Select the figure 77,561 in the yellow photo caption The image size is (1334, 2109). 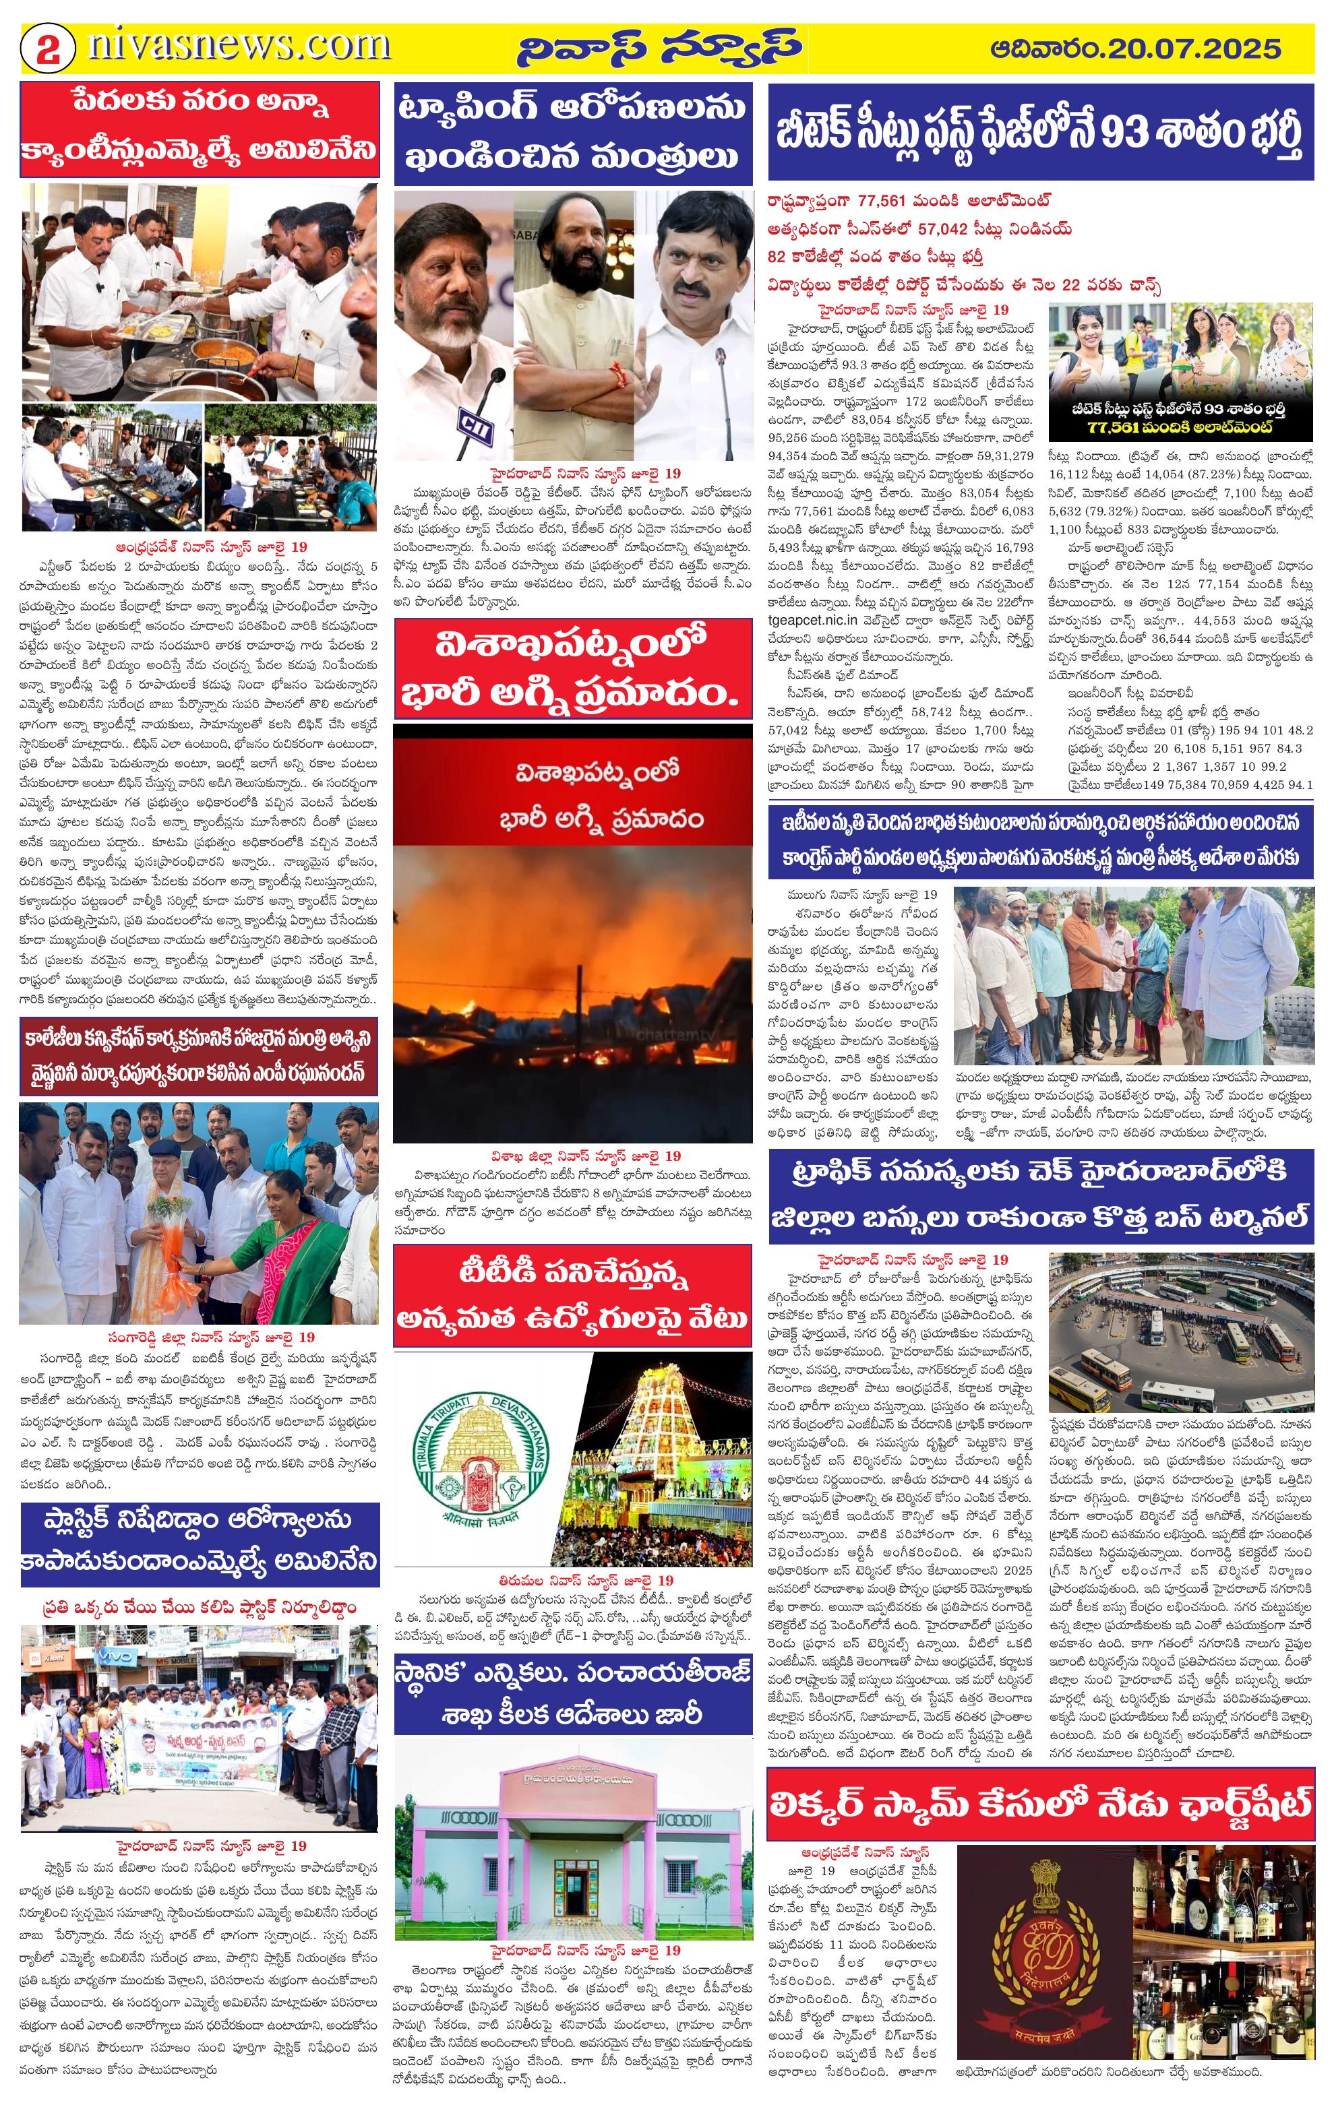click(x=1118, y=427)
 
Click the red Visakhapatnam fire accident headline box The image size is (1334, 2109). click(x=573, y=669)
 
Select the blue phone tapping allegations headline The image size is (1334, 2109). click(x=573, y=133)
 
